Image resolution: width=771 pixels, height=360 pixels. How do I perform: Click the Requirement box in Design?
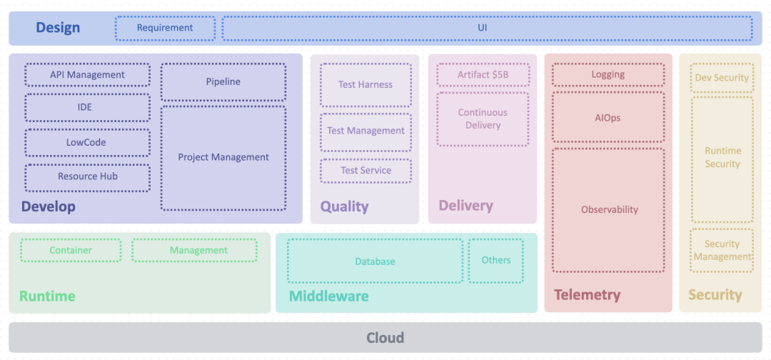click(x=165, y=28)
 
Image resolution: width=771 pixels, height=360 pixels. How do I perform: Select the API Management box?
click(x=88, y=75)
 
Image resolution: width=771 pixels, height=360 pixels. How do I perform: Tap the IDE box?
click(x=88, y=107)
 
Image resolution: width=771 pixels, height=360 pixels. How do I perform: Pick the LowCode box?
click(x=88, y=143)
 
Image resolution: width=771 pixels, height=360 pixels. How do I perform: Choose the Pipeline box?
click(x=223, y=81)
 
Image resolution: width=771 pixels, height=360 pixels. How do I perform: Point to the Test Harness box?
click(x=366, y=84)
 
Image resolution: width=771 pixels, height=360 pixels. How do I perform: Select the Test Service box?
click(x=366, y=171)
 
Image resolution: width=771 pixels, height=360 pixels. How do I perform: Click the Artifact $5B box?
click(x=483, y=75)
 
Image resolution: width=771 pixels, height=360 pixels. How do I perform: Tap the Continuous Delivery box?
click(x=483, y=119)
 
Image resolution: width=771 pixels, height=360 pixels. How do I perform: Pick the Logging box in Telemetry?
click(x=608, y=75)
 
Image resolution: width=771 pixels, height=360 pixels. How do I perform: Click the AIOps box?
click(x=608, y=118)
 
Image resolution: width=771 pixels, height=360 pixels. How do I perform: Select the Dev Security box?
click(x=722, y=78)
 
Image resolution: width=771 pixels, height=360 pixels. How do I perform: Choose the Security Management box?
click(x=722, y=250)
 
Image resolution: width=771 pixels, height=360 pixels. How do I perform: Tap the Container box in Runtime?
click(x=71, y=250)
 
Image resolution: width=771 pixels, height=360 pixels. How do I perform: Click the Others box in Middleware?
click(x=495, y=261)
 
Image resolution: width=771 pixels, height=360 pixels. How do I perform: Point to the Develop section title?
click(x=49, y=207)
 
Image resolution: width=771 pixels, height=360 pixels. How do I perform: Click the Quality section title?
click(x=344, y=206)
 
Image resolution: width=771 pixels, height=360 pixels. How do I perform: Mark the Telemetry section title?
click(x=587, y=295)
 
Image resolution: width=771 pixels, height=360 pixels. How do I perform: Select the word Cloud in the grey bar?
click(x=385, y=338)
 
